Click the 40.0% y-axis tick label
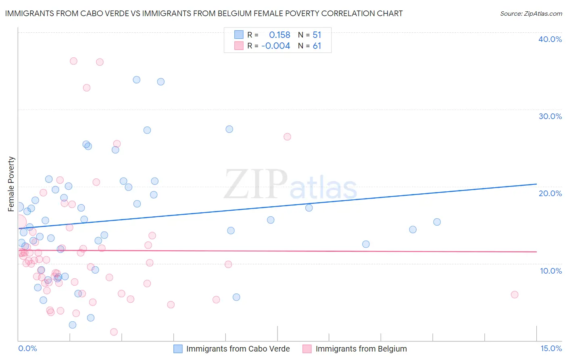[x=550, y=39]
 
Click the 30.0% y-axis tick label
[x=550, y=116]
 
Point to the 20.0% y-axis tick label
[x=550, y=193]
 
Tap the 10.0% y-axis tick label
[x=551, y=271]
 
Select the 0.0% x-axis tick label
[x=27, y=348]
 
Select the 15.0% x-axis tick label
[x=551, y=348]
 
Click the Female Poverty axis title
[x=11, y=184]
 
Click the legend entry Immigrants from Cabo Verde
[x=238, y=349]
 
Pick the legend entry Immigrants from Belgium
[x=361, y=349]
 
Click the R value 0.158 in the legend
[x=279, y=35]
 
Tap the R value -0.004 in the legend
[x=275, y=46]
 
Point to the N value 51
[x=317, y=35]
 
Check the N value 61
[x=317, y=46]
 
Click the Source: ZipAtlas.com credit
[x=531, y=14]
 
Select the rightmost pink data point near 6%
[x=515, y=295]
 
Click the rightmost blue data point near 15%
[x=437, y=222]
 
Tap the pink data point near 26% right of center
[x=287, y=137]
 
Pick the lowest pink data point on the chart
[x=114, y=332]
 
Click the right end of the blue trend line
[x=536, y=184]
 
